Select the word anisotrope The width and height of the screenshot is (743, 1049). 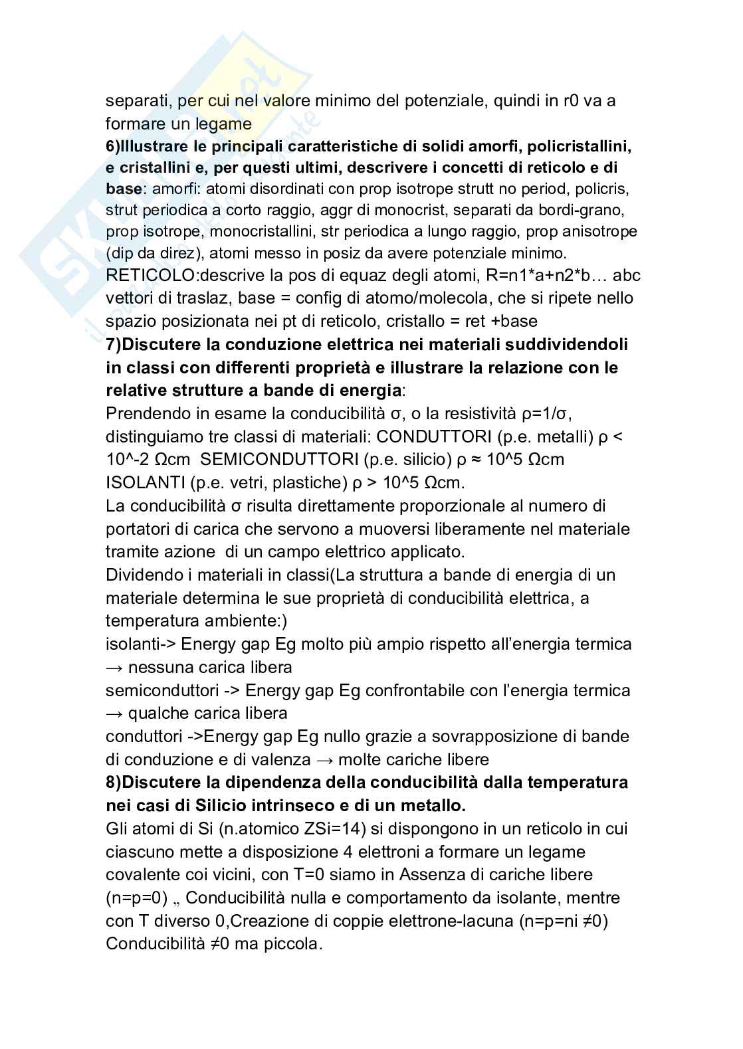pyautogui.click(x=594, y=231)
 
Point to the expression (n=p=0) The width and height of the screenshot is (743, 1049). pyautogui.click(x=140, y=898)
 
